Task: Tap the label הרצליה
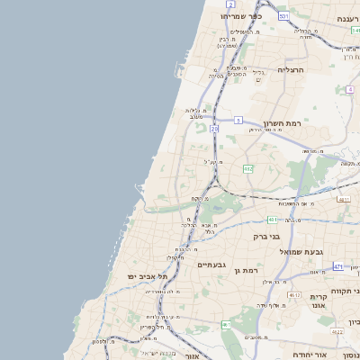click(292, 69)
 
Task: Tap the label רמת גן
click(244, 270)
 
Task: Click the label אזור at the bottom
click(191, 356)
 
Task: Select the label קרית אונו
click(319, 301)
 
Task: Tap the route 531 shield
click(284, 16)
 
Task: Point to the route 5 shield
click(238, 120)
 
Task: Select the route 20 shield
click(214, 129)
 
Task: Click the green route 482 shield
click(247, 168)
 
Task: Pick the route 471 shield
click(337, 266)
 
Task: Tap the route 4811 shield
click(344, 199)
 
